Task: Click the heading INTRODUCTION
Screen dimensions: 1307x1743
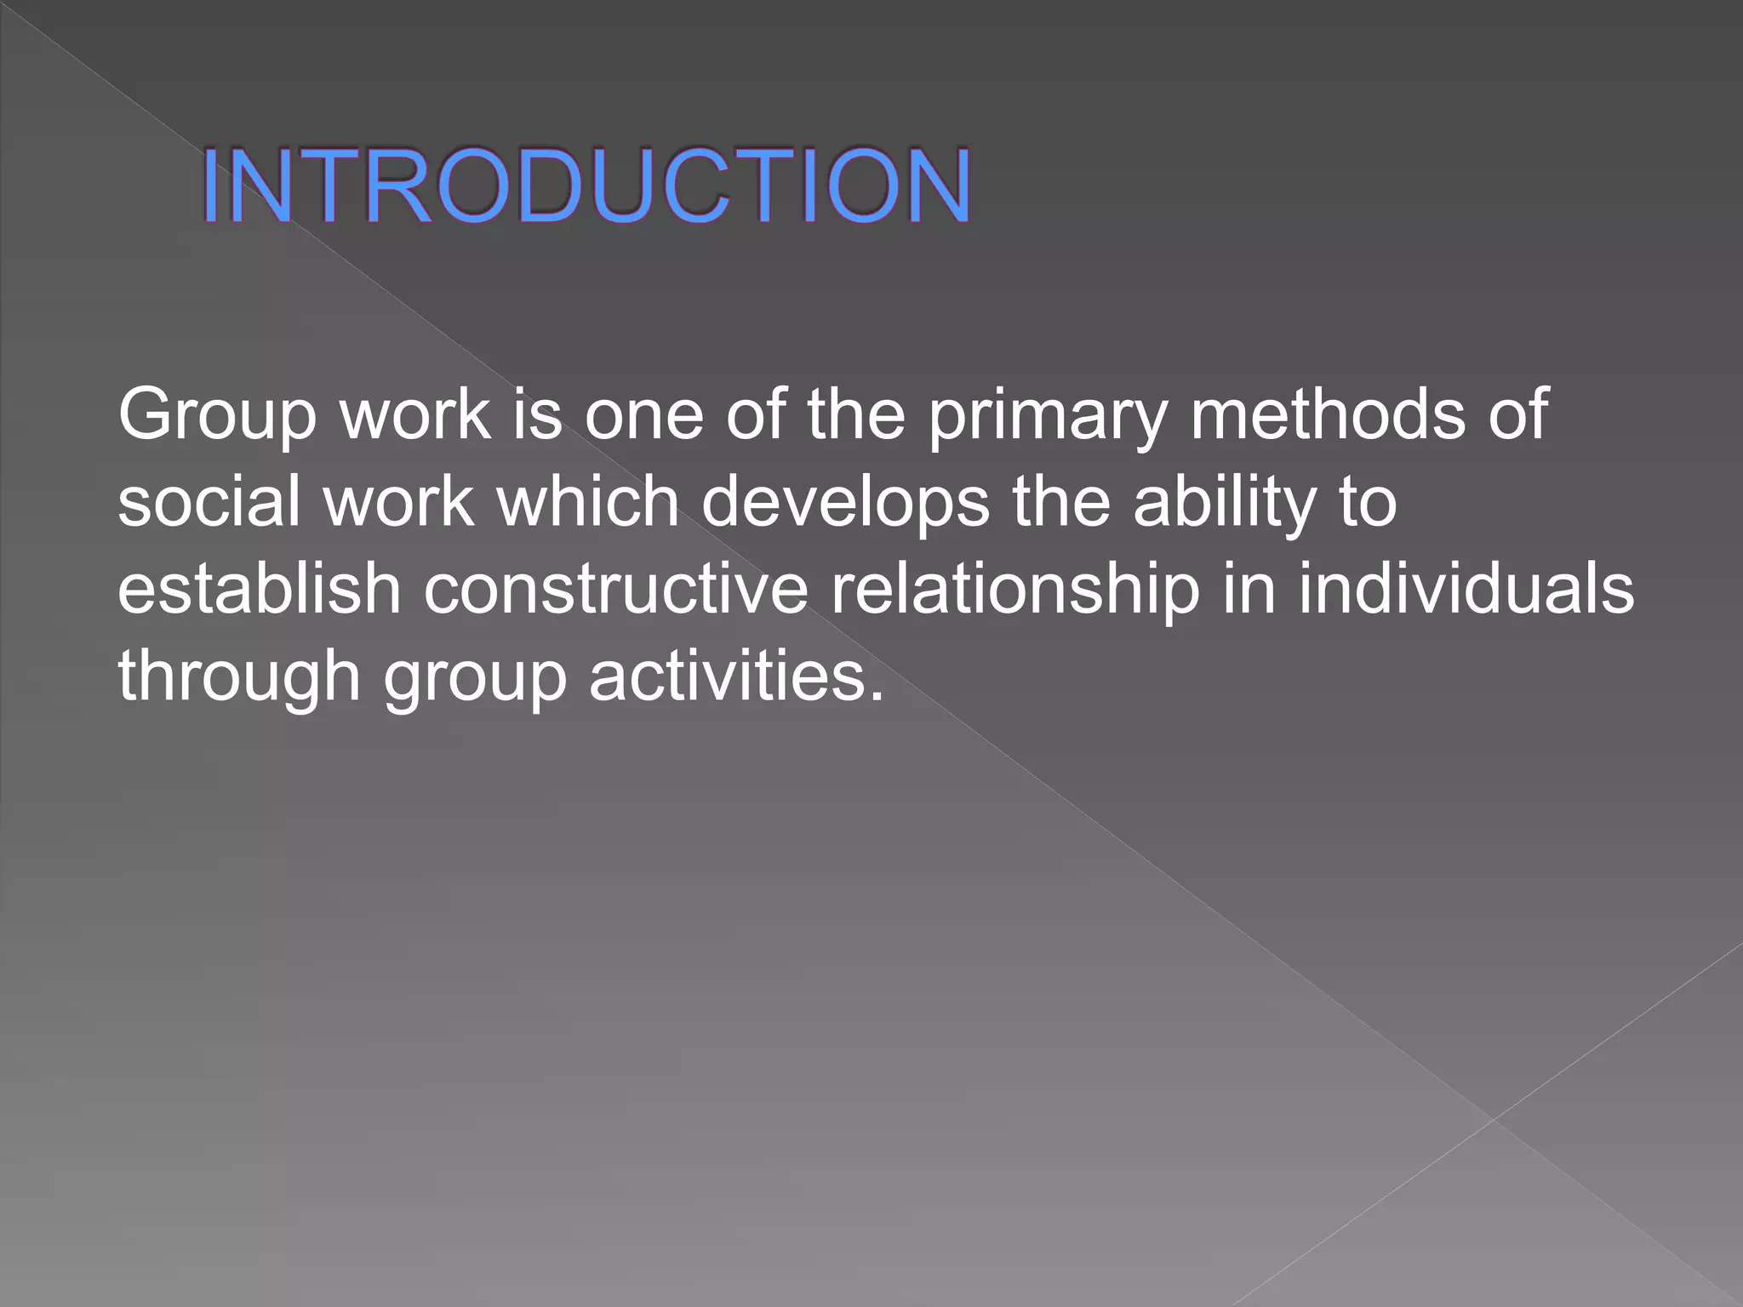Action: coord(586,186)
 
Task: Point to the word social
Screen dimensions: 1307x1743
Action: coord(209,501)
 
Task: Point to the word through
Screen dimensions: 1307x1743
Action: coord(239,677)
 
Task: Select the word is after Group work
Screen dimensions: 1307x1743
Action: coord(537,414)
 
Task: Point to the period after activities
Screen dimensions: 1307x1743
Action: coord(877,696)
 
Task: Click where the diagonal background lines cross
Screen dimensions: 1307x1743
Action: coord(1493,1119)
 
